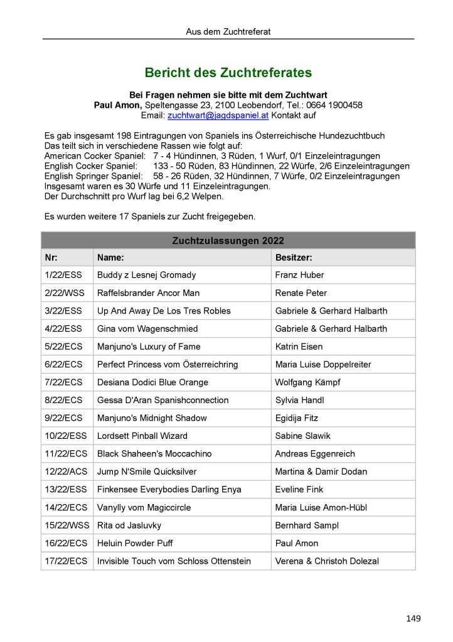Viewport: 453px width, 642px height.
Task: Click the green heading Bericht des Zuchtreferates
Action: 228,73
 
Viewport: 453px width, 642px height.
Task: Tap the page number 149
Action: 413,619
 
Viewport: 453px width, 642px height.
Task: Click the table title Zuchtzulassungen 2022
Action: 228,241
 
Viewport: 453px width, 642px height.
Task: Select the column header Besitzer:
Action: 294,258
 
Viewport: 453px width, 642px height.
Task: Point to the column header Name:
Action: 110,258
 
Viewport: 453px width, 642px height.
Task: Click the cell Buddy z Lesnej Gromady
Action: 146,275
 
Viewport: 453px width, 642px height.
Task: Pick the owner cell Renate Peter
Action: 301,293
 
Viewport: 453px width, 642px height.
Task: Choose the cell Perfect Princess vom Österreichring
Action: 168,364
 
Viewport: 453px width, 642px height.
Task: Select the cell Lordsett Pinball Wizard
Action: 142,436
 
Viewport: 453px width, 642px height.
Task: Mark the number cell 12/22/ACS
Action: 66,471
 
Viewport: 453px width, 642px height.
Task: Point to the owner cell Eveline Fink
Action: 299,489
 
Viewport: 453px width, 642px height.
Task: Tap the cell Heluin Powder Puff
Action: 135,543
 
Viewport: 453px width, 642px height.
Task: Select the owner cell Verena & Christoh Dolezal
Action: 326,561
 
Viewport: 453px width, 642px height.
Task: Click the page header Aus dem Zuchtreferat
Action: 228,31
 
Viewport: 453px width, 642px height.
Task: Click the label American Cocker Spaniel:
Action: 95,155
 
